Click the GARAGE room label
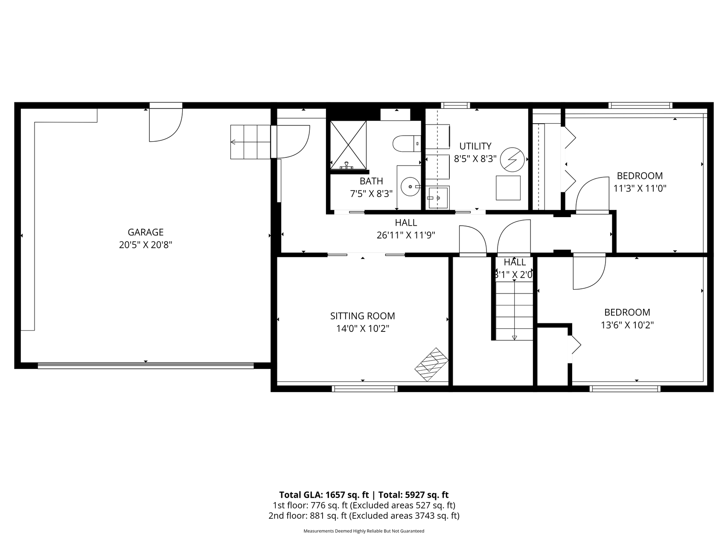click(146, 232)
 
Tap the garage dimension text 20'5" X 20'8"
click(146, 245)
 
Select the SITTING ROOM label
click(362, 316)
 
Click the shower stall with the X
click(348, 145)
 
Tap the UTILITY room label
click(475, 146)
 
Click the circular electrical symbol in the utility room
click(512, 159)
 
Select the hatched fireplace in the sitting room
click(432, 364)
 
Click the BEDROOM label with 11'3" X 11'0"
click(640, 176)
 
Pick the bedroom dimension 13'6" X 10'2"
click(627, 325)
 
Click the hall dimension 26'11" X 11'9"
click(406, 235)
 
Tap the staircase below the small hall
click(514, 311)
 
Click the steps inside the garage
click(250, 142)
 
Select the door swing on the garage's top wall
click(166, 125)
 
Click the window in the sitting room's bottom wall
click(365, 389)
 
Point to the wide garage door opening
click(146, 366)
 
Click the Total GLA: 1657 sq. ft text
click(324, 495)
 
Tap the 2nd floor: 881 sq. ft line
click(364, 516)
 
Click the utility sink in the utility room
click(438, 198)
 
